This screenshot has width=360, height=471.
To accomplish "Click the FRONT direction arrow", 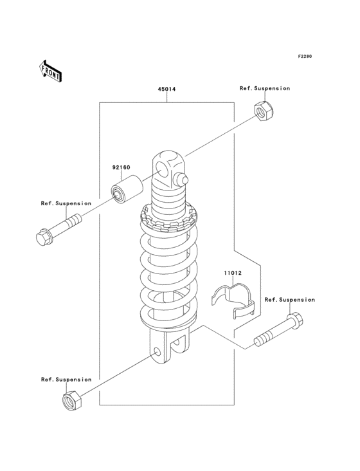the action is (x=50, y=71).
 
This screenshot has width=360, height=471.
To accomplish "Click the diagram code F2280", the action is (x=305, y=56).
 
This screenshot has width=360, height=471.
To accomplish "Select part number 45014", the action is (x=166, y=89).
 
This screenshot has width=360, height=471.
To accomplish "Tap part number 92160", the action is (x=122, y=167).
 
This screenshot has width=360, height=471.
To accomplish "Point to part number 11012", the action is (x=233, y=273).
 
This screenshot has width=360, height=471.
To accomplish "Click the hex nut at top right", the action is (x=264, y=111).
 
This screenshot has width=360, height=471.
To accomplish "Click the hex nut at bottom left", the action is (x=72, y=401).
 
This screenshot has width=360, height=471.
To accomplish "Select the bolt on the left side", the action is (x=59, y=229).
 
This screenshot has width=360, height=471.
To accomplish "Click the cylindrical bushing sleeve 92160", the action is (x=127, y=190).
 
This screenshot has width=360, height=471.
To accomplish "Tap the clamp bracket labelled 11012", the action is (x=233, y=300).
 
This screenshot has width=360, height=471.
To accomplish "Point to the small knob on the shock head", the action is (x=182, y=180).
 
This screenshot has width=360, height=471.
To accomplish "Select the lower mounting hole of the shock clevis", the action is (x=157, y=352).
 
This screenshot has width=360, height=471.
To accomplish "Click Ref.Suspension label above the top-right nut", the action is (x=265, y=88).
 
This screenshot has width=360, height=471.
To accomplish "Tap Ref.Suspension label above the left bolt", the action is (x=66, y=203).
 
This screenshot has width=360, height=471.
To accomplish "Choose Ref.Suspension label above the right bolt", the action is (x=290, y=300).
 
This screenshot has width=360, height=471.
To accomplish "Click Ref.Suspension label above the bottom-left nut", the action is (x=66, y=380).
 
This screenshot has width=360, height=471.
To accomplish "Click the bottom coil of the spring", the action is (x=168, y=319).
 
